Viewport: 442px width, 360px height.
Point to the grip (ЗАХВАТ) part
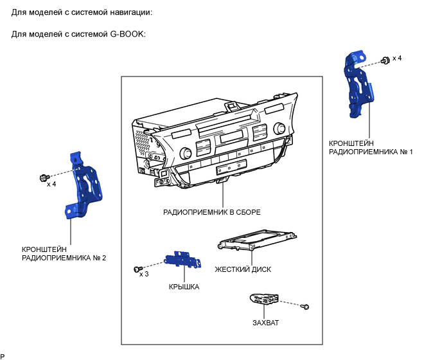pyautogui.click(x=263, y=299)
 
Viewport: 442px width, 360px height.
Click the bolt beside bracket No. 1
pyautogui.click(x=384, y=60)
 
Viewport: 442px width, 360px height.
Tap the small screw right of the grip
pyautogui.click(x=307, y=306)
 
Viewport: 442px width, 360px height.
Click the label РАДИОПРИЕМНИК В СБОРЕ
pyautogui.click(x=211, y=212)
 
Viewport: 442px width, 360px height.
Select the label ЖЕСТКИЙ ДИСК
pyautogui.click(x=243, y=270)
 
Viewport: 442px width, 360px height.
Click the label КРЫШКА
pyautogui.click(x=184, y=287)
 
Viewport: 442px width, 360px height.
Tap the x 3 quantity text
pyautogui.click(x=145, y=274)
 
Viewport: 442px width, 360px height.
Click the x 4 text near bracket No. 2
pyautogui.click(x=51, y=184)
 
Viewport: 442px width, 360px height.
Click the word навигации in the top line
pyautogui.click(x=128, y=12)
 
